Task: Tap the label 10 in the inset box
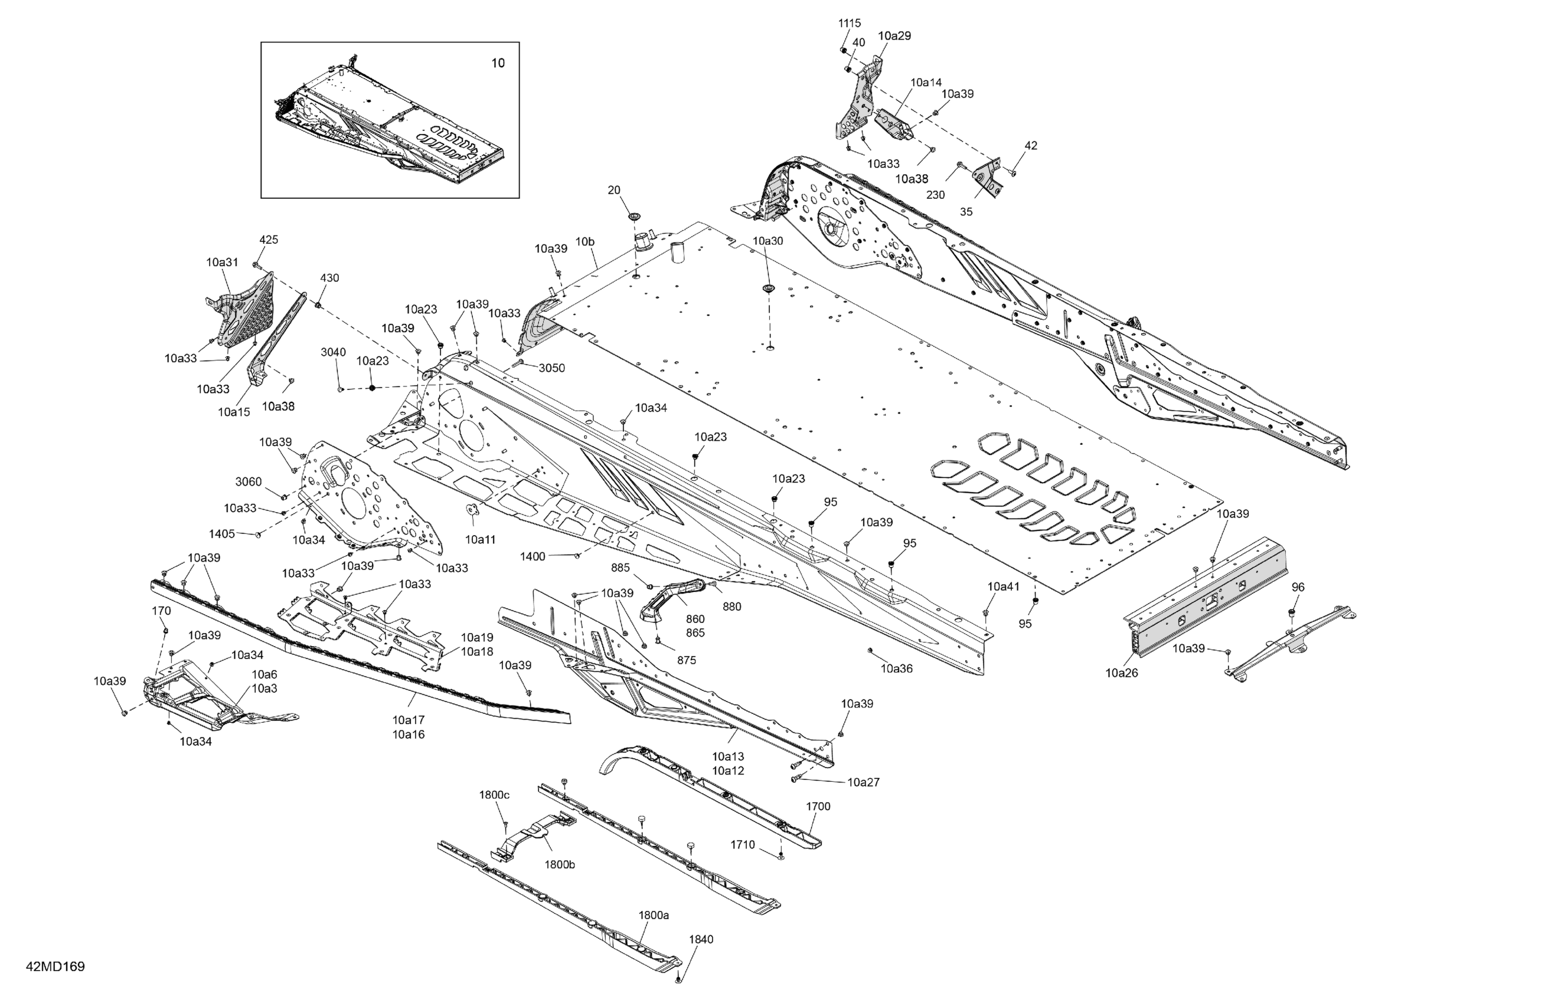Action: pyautogui.click(x=498, y=63)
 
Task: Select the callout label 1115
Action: pyautogui.click(x=850, y=24)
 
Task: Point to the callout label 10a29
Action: pyautogui.click(x=894, y=37)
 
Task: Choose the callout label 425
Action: pyautogui.click(x=269, y=240)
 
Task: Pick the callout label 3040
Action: pyautogui.click(x=333, y=352)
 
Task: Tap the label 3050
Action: pyautogui.click(x=551, y=368)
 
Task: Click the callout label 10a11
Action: pyautogui.click(x=480, y=539)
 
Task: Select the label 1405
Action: pyautogui.click(x=222, y=534)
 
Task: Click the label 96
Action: pyautogui.click(x=1298, y=587)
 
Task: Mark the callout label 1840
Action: pyautogui.click(x=701, y=939)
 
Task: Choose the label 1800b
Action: pyautogui.click(x=559, y=864)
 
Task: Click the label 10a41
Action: pyautogui.click(x=1004, y=586)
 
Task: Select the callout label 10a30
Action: pyautogui.click(x=768, y=241)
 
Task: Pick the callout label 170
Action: pyautogui.click(x=161, y=611)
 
